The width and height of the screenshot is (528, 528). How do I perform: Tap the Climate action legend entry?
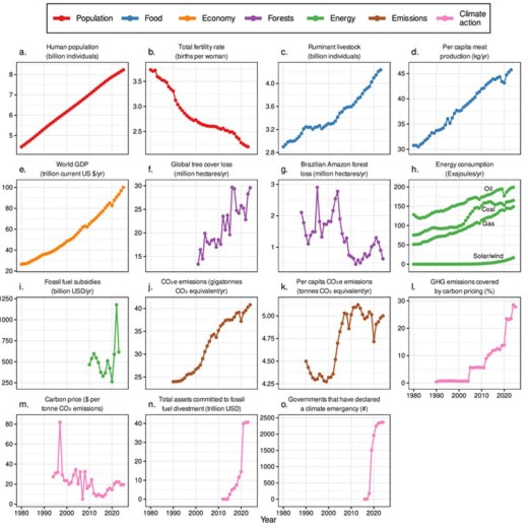tap(472, 18)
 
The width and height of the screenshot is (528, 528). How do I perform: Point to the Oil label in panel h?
tap(488, 188)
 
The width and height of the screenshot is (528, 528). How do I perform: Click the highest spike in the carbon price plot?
tap(60, 422)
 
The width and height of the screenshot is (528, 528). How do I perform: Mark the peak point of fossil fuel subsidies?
tap(117, 304)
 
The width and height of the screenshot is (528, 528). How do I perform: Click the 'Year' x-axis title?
tap(267, 520)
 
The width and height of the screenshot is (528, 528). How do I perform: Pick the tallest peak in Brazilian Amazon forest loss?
tap(317, 187)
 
